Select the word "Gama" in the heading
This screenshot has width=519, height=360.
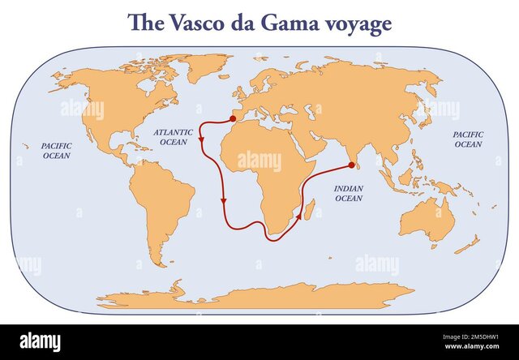pos(298,23)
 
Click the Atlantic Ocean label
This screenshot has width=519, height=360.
pos(174,136)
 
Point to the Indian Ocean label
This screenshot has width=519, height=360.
pos(349,192)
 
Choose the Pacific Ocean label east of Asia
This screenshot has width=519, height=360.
pos(467,139)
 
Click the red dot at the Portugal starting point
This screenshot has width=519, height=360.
pos(234,118)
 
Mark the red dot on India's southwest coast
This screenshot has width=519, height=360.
pos(351,165)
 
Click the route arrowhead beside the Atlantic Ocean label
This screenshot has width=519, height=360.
pos(201,139)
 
